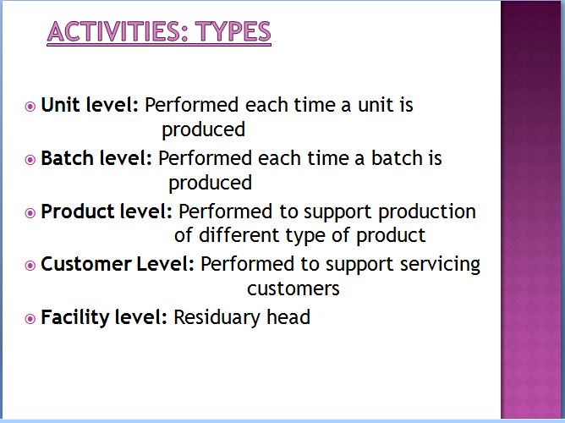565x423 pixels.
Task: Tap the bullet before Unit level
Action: click(x=30, y=107)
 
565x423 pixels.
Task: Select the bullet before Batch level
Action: click(x=30, y=160)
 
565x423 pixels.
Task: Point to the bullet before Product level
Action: click(x=30, y=212)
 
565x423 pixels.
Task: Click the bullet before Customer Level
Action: click(x=30, y=266)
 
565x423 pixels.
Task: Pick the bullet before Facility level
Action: click(x=30, y=318)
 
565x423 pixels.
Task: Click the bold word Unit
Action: click(x=60, y=105)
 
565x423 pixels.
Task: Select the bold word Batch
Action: click(x=67, y=158)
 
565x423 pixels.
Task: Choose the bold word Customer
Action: click(x=85, y=264)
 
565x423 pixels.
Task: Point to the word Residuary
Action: click(x=217, y=317)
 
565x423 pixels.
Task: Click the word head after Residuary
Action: click(x=288, y=317)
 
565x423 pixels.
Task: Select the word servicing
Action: click(x=440, y=265)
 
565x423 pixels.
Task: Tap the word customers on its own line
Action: click(x=293, y=289)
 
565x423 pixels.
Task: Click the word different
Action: click(x=239, y=235)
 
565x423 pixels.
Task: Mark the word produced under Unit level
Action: click(x=203, y=130)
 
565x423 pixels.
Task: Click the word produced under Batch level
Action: click(x=210, y=183)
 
